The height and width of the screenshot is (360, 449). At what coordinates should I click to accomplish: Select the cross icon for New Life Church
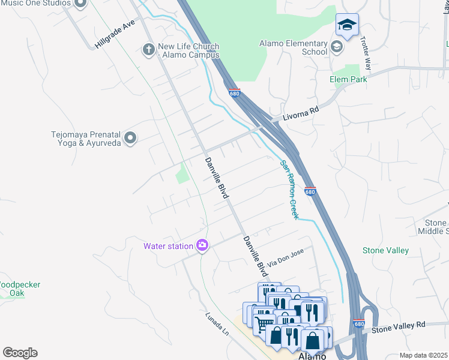click(x=148, y=49)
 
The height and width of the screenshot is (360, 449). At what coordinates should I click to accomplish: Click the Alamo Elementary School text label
click(x=293, y=47)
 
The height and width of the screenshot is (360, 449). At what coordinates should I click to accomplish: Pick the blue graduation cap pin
click(x=346, y=25)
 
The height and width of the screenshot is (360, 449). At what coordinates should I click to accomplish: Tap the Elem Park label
click(x=348, y=79)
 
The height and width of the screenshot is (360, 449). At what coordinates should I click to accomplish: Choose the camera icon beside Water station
click(x=202, y=245)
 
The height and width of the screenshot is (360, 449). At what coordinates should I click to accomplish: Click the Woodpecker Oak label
click(x=18, y=289)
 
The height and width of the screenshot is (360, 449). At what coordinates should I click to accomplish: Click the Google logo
click(x=20, y=353)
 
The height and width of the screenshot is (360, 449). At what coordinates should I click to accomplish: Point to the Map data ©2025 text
click(x=423, y=355)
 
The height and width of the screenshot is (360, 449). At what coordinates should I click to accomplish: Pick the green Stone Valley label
click(x=385, y=250)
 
